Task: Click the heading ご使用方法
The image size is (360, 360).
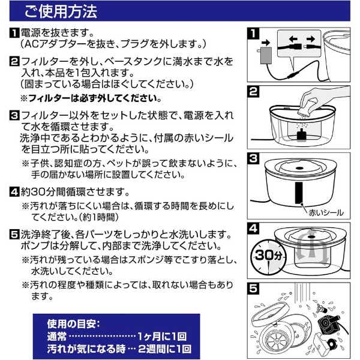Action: pos(61,11)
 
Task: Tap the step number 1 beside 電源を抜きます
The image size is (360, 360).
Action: pos(14,33)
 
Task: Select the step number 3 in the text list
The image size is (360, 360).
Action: pos(14,115)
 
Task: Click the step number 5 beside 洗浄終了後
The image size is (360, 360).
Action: pos(14,235)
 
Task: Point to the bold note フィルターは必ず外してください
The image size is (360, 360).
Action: pos(91,98)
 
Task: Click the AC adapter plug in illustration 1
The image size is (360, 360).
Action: pos(266,55)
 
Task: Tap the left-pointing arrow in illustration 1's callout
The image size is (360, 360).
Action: pos(293,39)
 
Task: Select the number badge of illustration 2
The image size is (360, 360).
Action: pos(253,92)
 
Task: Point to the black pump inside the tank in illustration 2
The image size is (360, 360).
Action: pos(301,134)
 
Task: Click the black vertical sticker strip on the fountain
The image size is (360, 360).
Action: pos(299,193)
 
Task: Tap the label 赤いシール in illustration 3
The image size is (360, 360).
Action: pos(326,212)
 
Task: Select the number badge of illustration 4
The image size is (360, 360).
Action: pos(253,229)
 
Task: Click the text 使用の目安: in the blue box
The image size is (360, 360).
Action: pos(74,324)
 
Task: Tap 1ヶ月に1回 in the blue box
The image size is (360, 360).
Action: pos(162,337)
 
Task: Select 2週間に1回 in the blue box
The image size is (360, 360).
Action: pos(164,349)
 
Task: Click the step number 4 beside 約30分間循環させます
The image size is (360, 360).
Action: pos(14,192)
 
